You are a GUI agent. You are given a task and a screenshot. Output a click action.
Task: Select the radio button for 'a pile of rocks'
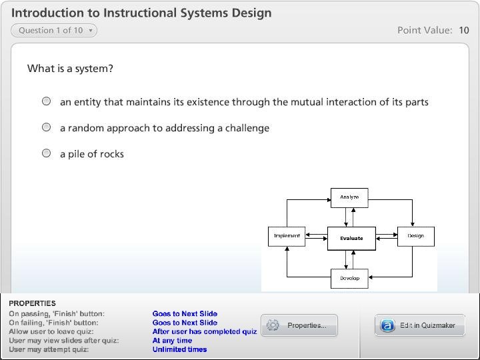coord(47,153)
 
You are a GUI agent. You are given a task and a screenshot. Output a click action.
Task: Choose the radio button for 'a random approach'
coord(47,127)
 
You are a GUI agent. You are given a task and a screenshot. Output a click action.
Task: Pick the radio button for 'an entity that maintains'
coord(47,101)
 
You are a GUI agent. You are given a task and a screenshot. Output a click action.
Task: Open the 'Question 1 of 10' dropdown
coord(54,30)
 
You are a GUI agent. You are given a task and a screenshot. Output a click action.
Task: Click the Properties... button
coord(299,325)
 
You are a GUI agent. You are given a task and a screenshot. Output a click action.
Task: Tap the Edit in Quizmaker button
coord(419,325)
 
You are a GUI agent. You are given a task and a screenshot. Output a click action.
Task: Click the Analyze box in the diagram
coord(349,197)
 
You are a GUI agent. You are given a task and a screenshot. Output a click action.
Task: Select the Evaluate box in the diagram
coord(351,238)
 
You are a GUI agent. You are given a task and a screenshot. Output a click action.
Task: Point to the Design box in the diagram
coord(415,236)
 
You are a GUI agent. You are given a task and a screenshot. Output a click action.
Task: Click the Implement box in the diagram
coord(287,236)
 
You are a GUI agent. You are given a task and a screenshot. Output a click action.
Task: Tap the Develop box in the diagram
coord(349,278)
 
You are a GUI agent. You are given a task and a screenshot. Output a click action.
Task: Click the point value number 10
coord(463,30)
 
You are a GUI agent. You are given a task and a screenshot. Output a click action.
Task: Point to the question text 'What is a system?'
coord(70,69)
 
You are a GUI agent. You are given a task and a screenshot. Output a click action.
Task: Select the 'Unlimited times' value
coord(179,349)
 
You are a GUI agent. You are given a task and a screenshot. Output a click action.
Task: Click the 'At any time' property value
coord(172,341)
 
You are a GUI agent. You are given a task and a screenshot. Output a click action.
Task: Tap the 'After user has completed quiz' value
coord(205,331)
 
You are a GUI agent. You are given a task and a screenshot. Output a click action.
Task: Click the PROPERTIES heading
coord(32,303)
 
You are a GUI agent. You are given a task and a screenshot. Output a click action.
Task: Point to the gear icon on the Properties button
coord(273,325)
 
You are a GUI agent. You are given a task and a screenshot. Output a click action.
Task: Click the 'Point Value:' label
coord(425,30)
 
